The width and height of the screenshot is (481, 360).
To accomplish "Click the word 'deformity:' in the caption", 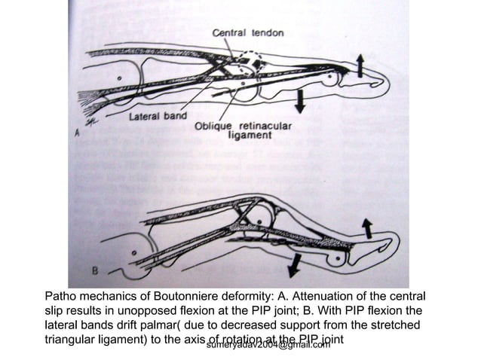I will tap(250, 297).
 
